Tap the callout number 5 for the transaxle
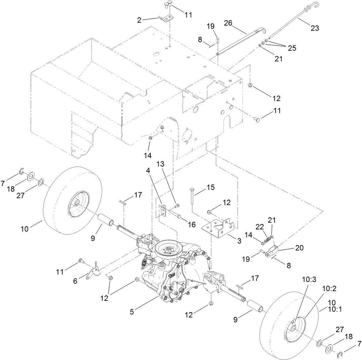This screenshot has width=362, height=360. [132, 312]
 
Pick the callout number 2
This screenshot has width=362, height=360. [139, 20]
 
